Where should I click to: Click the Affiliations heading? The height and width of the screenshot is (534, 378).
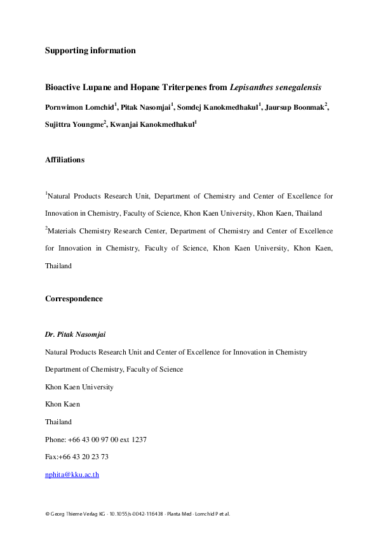pyautogui.click(x=64, y=160)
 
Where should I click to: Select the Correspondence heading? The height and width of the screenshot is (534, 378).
pyautogui.click(x=74, y=299)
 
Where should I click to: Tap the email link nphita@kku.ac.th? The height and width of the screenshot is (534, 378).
pyautogui.click(x=72, y=474)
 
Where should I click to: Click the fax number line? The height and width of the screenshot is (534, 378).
pyautogui.click(x=76, y=457)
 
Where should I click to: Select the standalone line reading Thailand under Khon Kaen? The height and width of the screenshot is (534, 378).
pyautogui.click(x=58, y=422)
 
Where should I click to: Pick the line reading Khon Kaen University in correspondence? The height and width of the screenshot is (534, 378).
pyautogui.click(x=79, y=386)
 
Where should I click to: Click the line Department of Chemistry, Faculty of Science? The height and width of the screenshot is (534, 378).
pyautogui.click(x=114, y=369)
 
